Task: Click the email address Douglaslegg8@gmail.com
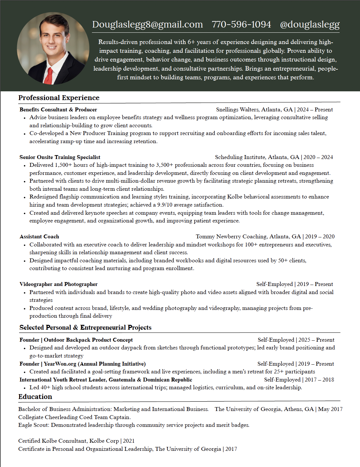pyautogui.click(x=147, y=25)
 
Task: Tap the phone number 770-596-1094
pyautogui.click(x=241, y=25)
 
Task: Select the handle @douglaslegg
pyautogui.click(x=309, y=25)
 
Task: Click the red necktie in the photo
pyautogui.click(x=49, y=76)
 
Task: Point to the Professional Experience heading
pyautogui.click(x=59, y=98)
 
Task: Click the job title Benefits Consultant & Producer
pyautogui.click(x=58, y=110)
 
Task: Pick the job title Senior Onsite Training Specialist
pyautogui.click(x=60, y=157)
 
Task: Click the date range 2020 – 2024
pyautogui.click(x=318, y=157)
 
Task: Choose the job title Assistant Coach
pyautogui.click(x=39, y=237)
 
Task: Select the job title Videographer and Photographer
pyautogui.click(x=58, y=284)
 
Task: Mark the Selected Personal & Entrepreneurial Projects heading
pyautogui.click(x=85, y=327)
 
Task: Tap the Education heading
pyautogui.click(x=35, y=397)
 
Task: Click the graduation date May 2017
pyautogui.click(x=330, y=409)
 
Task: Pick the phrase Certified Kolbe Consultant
pyautogui.click(x=52, y=441)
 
